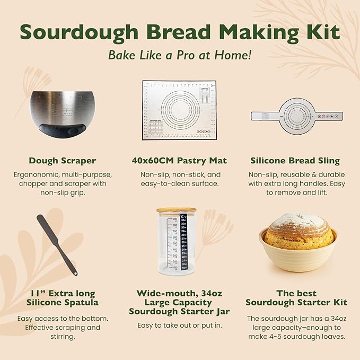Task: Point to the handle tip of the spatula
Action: pos(75,273)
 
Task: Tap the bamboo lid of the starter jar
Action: pos(176,210)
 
